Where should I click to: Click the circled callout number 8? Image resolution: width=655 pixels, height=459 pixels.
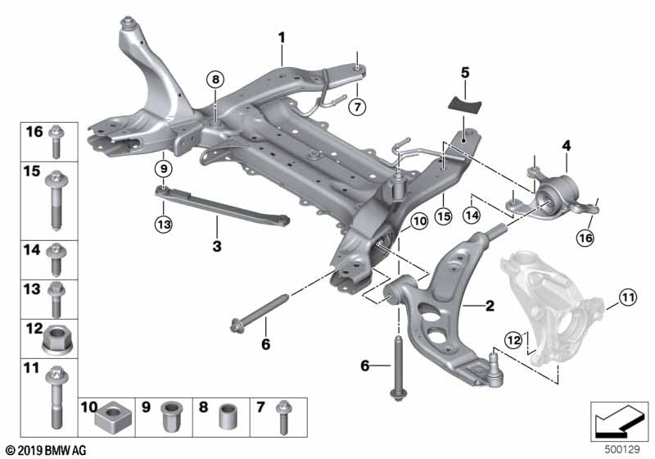[215, 80]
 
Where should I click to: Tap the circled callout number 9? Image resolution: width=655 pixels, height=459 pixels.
[164, 169]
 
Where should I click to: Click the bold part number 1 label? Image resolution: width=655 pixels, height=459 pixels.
[281, 37]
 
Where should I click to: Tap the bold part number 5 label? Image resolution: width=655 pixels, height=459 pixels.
[464, 71]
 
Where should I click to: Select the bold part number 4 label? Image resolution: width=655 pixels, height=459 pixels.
[565, 146]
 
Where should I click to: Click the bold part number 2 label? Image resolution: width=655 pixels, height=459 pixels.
[490, 307]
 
